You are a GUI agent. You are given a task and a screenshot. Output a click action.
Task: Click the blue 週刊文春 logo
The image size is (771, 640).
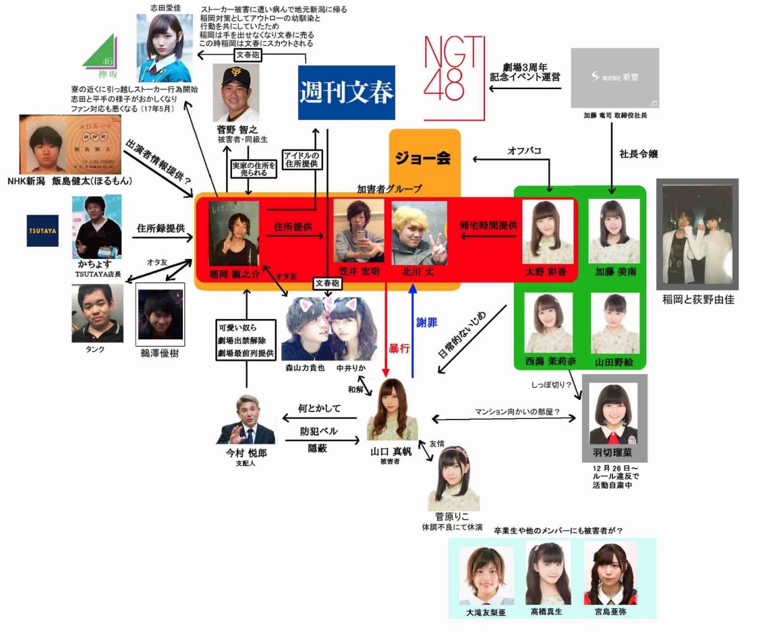click(x=347, y=92)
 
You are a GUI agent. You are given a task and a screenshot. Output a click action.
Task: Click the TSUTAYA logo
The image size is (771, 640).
click(x=42, y=231)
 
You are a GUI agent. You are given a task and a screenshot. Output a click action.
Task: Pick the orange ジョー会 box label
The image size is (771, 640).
click(x=424, y=159)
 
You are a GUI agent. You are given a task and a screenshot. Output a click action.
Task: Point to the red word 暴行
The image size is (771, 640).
click(x=398, y=349)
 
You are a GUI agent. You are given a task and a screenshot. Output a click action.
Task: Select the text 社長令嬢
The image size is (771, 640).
click(x=639, y=154)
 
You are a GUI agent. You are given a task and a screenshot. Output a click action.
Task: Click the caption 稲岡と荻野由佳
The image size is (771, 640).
click(x=698, y=299)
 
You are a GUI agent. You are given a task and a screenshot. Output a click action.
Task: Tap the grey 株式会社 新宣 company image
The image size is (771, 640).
click(x=614, y=78)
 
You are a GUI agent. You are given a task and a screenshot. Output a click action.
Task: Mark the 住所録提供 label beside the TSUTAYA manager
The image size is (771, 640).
click(x=161, y=229)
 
